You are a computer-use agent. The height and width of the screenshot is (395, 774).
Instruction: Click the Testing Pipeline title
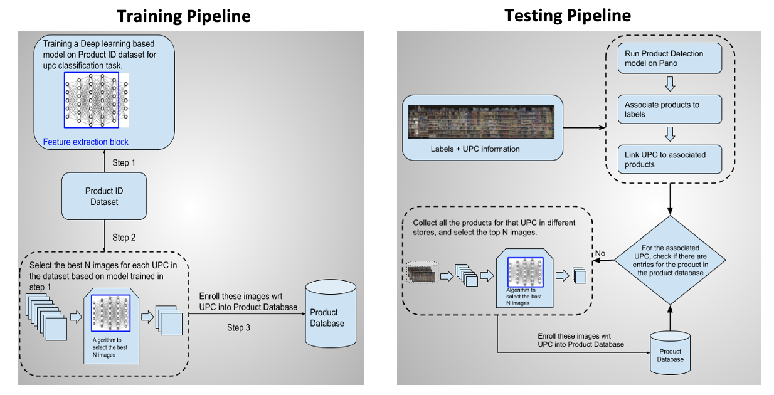click(x=568, y=16)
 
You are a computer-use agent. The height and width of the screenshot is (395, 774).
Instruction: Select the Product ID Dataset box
click(x=104, y=197)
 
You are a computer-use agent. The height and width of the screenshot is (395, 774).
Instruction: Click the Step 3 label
click(x=239, y=327)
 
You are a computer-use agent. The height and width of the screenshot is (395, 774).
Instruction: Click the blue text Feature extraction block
click(x=86, y=142)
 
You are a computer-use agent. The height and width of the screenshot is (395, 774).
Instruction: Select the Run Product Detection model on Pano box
click(x=669, y=58)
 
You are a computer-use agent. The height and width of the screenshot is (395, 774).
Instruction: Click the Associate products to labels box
click(x=669, y=109)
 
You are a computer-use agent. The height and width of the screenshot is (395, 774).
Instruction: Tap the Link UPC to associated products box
click(x=669, y=159)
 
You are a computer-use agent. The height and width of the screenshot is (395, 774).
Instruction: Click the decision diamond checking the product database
click(x=670, y=260)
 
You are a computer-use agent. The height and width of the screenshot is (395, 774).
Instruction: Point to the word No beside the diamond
click(x=600, y=254)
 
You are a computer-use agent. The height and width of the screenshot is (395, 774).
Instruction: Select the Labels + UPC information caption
click(x=475, y=149)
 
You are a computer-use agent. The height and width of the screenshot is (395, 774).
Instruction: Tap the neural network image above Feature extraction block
click(x=96, y=100)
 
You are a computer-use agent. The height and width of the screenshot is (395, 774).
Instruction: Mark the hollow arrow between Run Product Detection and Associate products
click(x=669, y=83)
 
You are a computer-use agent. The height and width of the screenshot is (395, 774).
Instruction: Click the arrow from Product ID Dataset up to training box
click(x=103, y=161)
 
